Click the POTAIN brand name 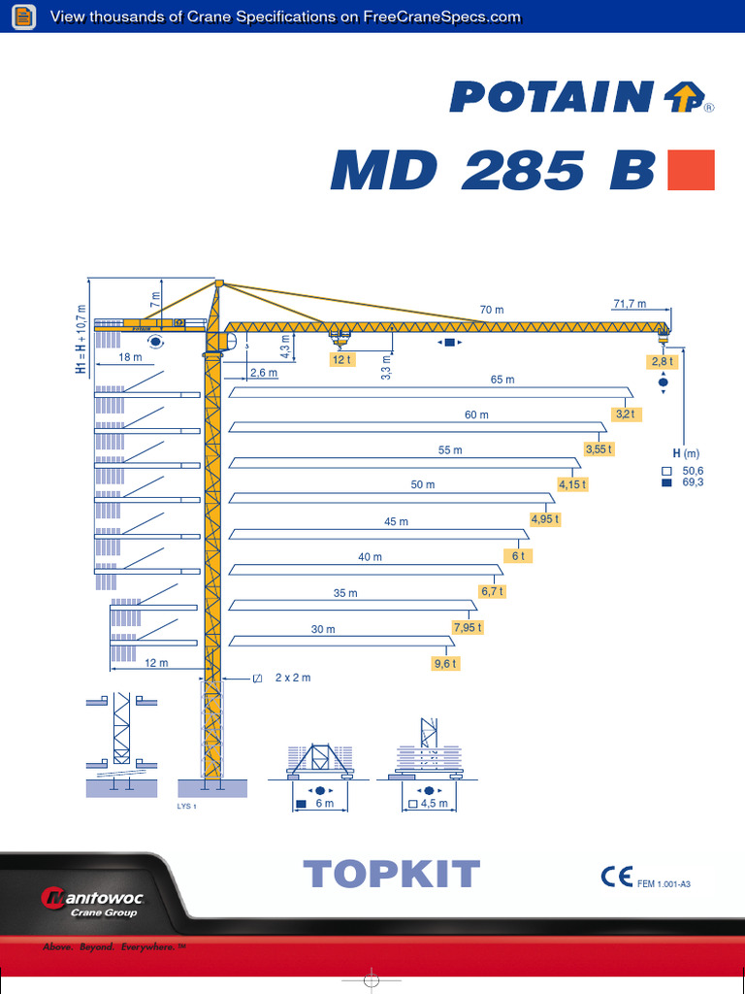click(550, 97)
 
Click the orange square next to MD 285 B click(692, 170)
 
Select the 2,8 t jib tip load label click(663, 362)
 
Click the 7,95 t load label click(468, 627)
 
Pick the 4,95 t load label click(545, 519)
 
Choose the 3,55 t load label click(599, 448)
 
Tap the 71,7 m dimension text click(630, 304)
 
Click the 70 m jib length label click(492, 310)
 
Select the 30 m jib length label click(323, 629)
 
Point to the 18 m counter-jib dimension click(130, 357)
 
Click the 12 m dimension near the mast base click(156, 663)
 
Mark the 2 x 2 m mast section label click(292, 678)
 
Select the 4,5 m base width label click(436, 804)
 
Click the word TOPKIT click(392, 875)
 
